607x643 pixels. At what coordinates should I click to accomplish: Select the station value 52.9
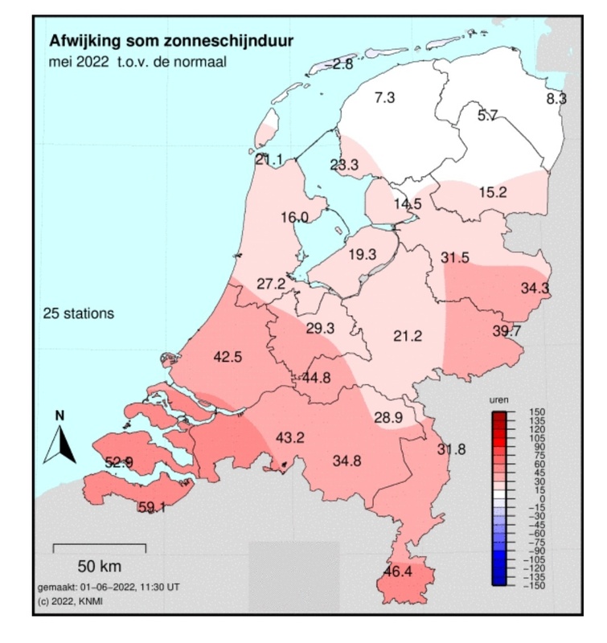pos(119,461)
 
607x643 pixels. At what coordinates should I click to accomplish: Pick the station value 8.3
pos(556,99)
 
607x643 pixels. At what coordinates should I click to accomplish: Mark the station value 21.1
pos(269,159)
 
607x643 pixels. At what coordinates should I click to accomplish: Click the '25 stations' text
pos(78,313)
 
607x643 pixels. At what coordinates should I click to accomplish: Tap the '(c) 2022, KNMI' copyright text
pos(70,601)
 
